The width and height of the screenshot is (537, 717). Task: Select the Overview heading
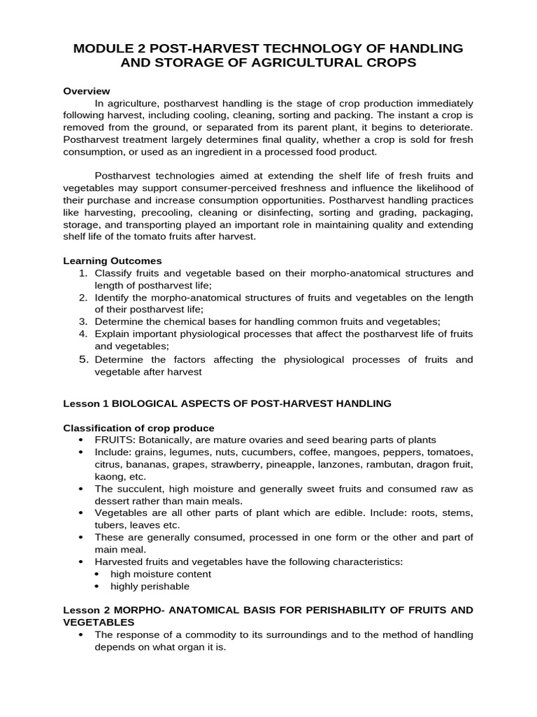87,91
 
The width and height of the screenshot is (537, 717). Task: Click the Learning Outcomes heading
113,260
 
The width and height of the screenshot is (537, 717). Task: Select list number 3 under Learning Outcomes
83,321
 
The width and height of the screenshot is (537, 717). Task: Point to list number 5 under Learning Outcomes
83,359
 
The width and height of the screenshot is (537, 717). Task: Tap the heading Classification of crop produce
138,428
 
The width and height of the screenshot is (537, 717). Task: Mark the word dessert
114,501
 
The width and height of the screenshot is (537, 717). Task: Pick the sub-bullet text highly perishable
150,586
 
